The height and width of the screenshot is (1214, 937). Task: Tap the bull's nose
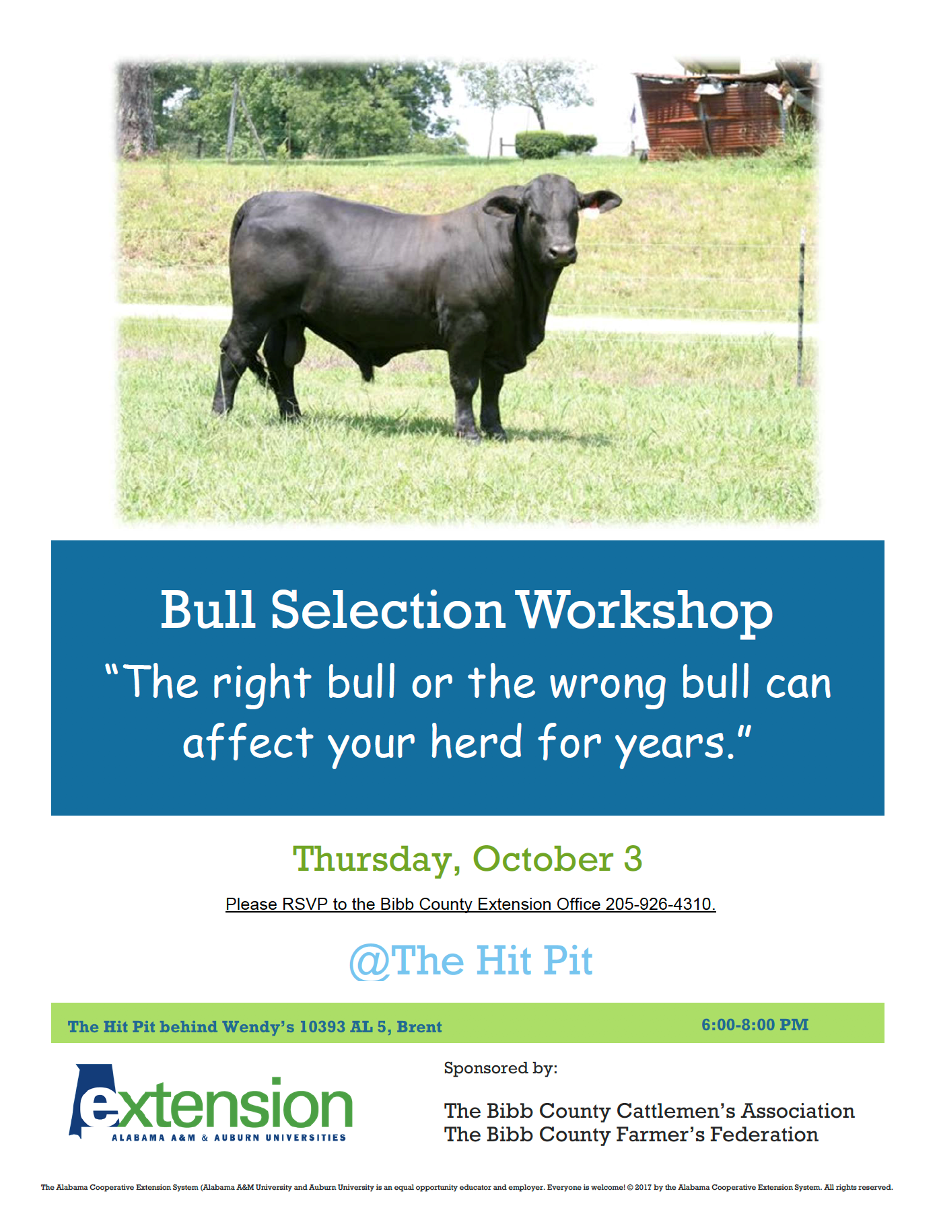click(x=562, y=253)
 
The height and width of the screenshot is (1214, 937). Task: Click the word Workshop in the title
click(x=644, y=610)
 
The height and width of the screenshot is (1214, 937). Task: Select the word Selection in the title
click(x=388, y=610)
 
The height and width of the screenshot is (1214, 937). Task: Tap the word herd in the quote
click(x=476, y=743)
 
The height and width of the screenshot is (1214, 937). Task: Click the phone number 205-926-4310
click(x=659, y=904)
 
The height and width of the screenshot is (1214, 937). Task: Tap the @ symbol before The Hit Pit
click(x=369, y=962)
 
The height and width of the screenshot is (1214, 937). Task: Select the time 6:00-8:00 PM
click(x=755, y=1024)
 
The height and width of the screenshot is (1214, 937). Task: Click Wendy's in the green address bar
click(x=258, y=1026)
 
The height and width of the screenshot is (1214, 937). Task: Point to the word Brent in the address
click(x=419, y=1026)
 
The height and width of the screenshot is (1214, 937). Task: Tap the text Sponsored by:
click(x=500, y=1068)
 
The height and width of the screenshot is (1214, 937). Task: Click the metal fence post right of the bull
click(x=801, y=310)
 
